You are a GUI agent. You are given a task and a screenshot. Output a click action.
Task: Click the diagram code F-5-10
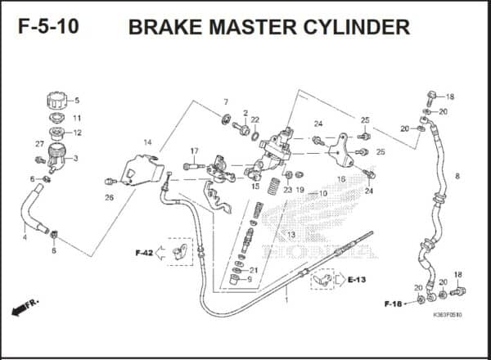pos(48,26)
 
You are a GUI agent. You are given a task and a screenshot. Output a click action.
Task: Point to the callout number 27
pos(39,144)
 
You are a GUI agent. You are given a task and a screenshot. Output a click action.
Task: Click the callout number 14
pos(147,142)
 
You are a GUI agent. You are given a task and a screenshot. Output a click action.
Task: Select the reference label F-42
pos(143,253)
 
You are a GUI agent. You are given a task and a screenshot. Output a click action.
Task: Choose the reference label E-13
pos(356,280)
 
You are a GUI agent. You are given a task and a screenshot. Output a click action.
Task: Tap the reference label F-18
pos(393,304)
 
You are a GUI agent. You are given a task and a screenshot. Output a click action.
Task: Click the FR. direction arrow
pos(25,308)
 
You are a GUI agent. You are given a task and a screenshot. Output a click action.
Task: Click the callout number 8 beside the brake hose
pos(457,176)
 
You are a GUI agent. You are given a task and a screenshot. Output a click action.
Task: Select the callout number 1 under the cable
pos(286,300)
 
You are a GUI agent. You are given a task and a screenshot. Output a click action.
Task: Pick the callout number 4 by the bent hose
pos(25,237)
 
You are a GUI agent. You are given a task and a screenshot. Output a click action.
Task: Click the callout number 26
pos(109,197)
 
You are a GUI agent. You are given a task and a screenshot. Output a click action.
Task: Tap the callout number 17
pos(195,151)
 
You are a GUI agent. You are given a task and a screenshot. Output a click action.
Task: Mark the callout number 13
pos(291,235)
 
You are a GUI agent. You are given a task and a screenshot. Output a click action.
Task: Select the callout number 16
pos(341,178)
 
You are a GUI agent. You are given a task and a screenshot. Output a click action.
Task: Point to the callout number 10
pos(323,194)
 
